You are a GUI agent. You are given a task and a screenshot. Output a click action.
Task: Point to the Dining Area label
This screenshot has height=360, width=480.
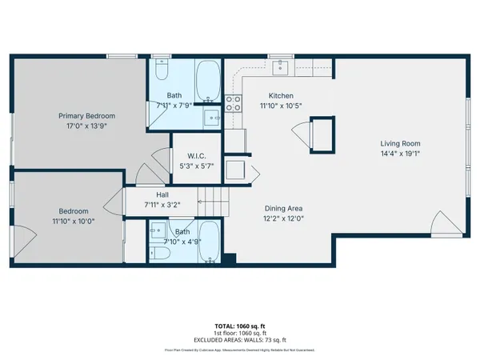[284, 208]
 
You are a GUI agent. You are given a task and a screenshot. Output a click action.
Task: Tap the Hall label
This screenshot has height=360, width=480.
[161, 194]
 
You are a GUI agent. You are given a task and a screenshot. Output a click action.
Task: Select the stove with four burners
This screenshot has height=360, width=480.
[233, 102]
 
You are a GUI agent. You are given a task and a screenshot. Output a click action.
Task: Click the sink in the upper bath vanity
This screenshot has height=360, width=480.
[211, 120]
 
